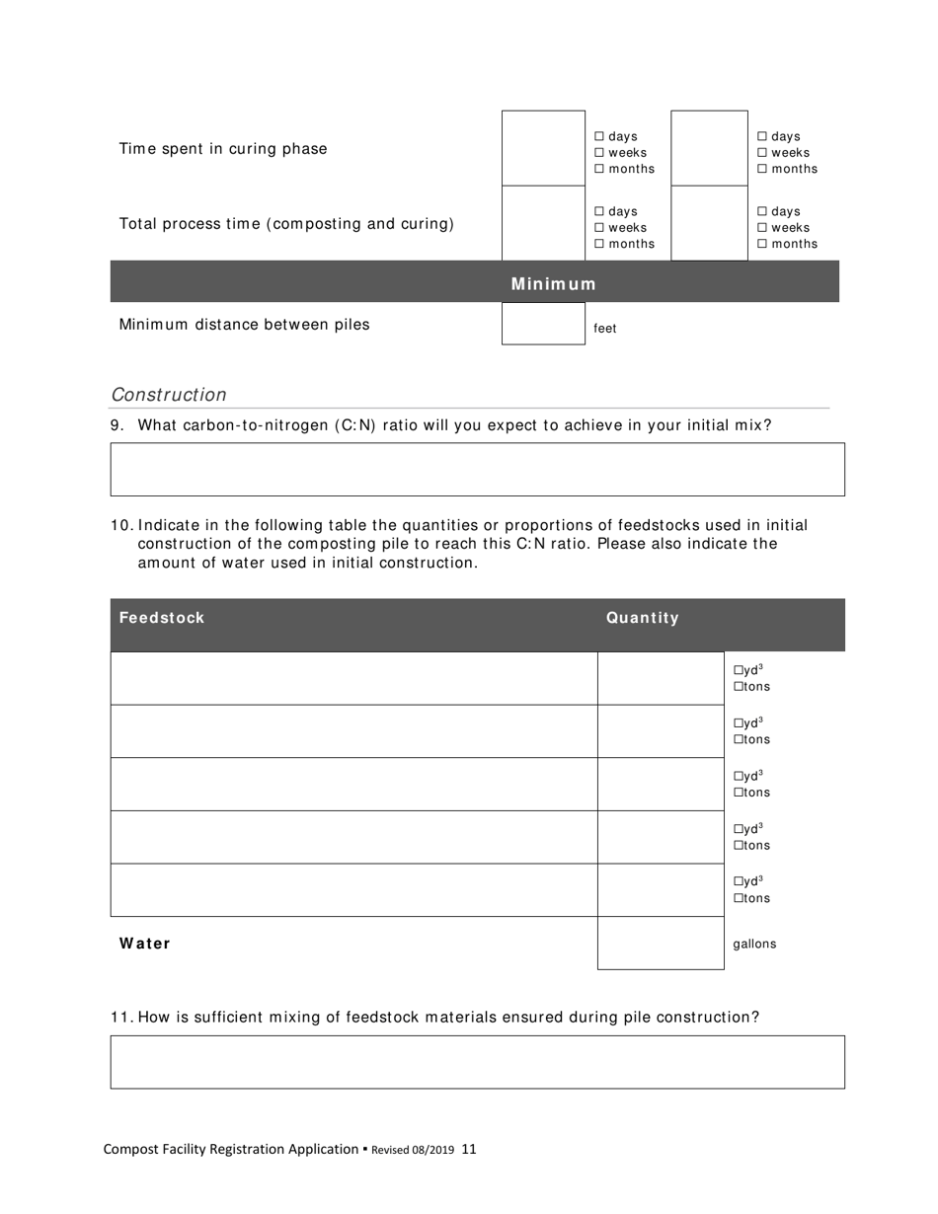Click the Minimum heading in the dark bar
tap(553, 284)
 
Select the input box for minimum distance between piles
tap(543, 324)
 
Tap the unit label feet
tap(605, 329)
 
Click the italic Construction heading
tap(169, 395)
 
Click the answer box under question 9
tap(477, 469)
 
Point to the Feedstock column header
tap(162, 618)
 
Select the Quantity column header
tap(643, 618)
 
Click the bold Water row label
tap(145, 944)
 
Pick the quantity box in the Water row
tap(661, 944)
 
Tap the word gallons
tap(754, 944)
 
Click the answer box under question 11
tap(477, 1062)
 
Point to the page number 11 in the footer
tap(469, 1149)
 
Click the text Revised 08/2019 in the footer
tap(413, 1150)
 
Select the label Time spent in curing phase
tap(223, 149)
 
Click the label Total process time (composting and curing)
tap(286, 224)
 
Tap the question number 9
tap(117, 425)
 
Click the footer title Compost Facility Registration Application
tap(231, 1149)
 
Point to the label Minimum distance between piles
tap(244, 325)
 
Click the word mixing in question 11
tap(304, 1017)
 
